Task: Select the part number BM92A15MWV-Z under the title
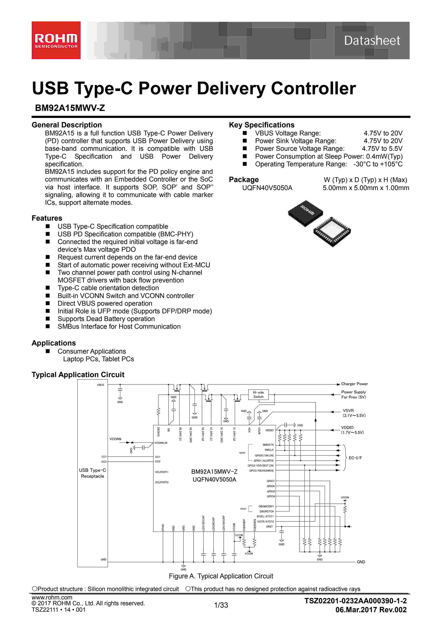pos(70,108)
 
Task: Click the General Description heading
pos(67,125)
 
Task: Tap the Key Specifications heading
pos(262,125)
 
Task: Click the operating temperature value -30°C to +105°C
pos(378,164)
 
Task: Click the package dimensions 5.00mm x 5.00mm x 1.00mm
pos(366,188)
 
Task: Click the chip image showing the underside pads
pos(332,232)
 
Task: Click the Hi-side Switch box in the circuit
pos(258,394)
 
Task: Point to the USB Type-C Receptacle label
pos(93,473)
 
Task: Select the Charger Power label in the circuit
pos(354,384)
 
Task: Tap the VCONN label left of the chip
pos(115,439)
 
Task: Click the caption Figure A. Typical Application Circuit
pos(221,576)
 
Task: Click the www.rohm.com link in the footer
pos(52,597)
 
